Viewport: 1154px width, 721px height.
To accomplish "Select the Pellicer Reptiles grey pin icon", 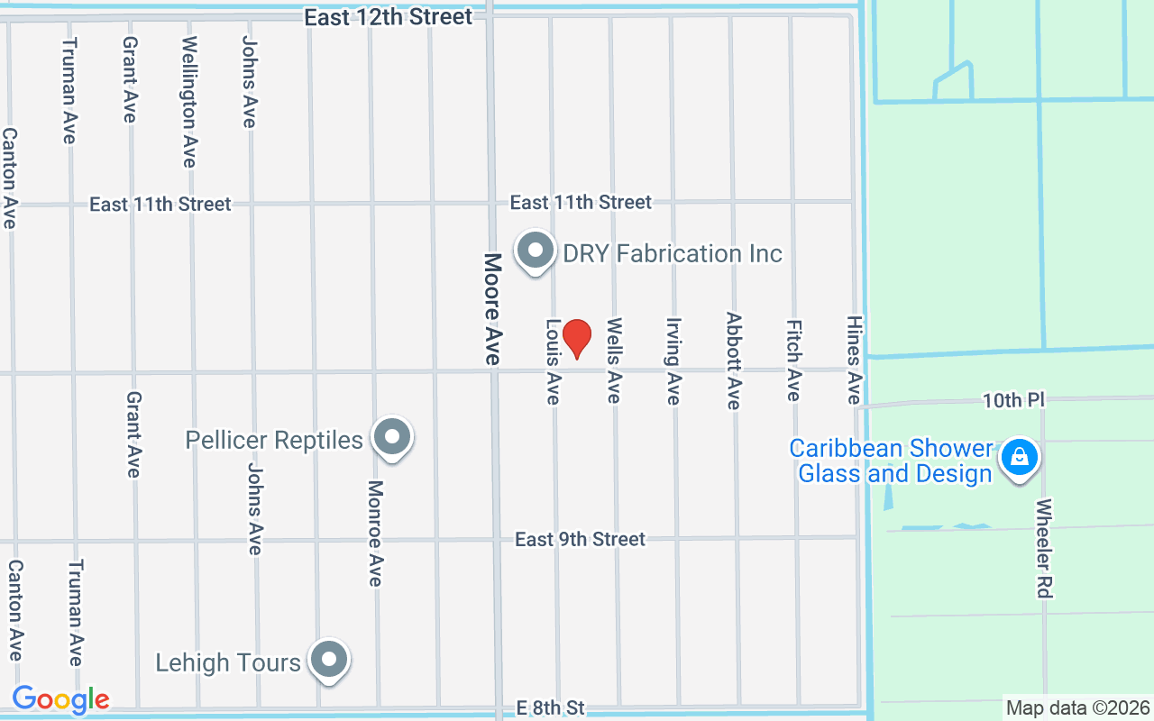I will pos(391,438).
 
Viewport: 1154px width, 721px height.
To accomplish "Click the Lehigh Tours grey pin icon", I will pos(329,661).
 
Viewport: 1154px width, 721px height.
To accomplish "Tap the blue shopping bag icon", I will pos(1019,458).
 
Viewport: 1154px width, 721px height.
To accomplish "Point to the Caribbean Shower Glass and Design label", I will pos(893,461).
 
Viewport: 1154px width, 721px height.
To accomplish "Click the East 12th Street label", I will pos(388,17).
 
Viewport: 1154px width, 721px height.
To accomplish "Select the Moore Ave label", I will pos(492,308).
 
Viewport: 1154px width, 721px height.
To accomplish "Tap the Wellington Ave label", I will pos(189,101).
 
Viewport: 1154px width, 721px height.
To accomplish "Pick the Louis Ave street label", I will pos(553,360).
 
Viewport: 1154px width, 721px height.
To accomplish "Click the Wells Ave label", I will pos(614,360).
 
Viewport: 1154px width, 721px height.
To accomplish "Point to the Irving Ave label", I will pos(673,360).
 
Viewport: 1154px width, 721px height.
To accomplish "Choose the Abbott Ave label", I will pos(734,360).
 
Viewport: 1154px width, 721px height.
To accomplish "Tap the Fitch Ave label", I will pos(793,360).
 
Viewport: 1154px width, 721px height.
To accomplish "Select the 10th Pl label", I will pos(1012,400).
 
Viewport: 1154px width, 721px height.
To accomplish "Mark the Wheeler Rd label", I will pos(1044,548).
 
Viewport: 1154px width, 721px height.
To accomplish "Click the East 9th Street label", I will pos(580,539).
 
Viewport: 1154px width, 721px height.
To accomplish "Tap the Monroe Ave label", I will pos(375,533).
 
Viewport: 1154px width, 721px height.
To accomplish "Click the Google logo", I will pos(60,698).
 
